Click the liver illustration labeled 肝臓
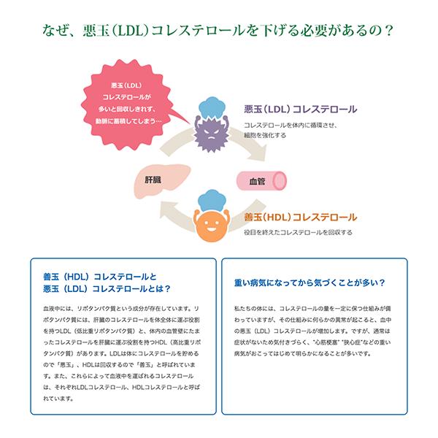tap(155, 180)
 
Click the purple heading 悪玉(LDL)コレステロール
tap(299, 109)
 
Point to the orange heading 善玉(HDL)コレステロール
tap(300, 218)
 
